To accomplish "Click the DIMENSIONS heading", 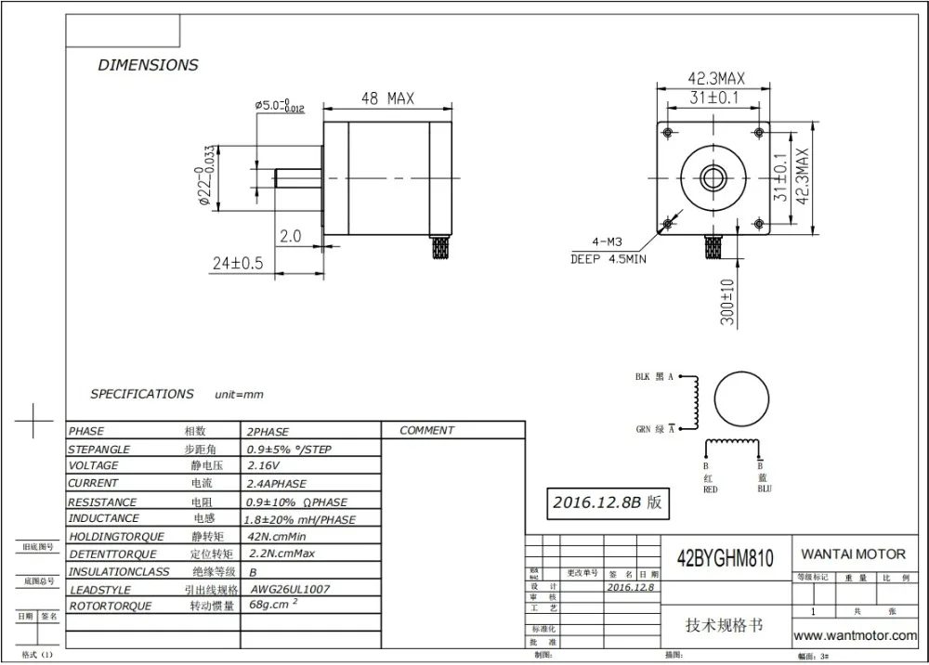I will pyautogui.click(x=148, y=65).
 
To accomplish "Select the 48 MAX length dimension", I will pyautogui.click(x=386, y=98).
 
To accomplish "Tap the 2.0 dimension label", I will pyautogui.click(x=291, y=237).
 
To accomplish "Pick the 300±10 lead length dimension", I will pyautogui.click(x=726, y=301).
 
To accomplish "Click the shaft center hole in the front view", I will pyautogui.click(x=713, y=176).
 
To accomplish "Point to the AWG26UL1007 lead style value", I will pyautogui.click(x=289, y=589).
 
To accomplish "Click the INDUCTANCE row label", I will pyautogui.click(x=103, y=518).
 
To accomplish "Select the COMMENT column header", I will pyautogui.click(x=426, y=431).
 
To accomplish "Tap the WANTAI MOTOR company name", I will pyautogui.click(x=853, y=554).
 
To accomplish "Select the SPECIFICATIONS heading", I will pyautogui.click(x=141, y=394).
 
